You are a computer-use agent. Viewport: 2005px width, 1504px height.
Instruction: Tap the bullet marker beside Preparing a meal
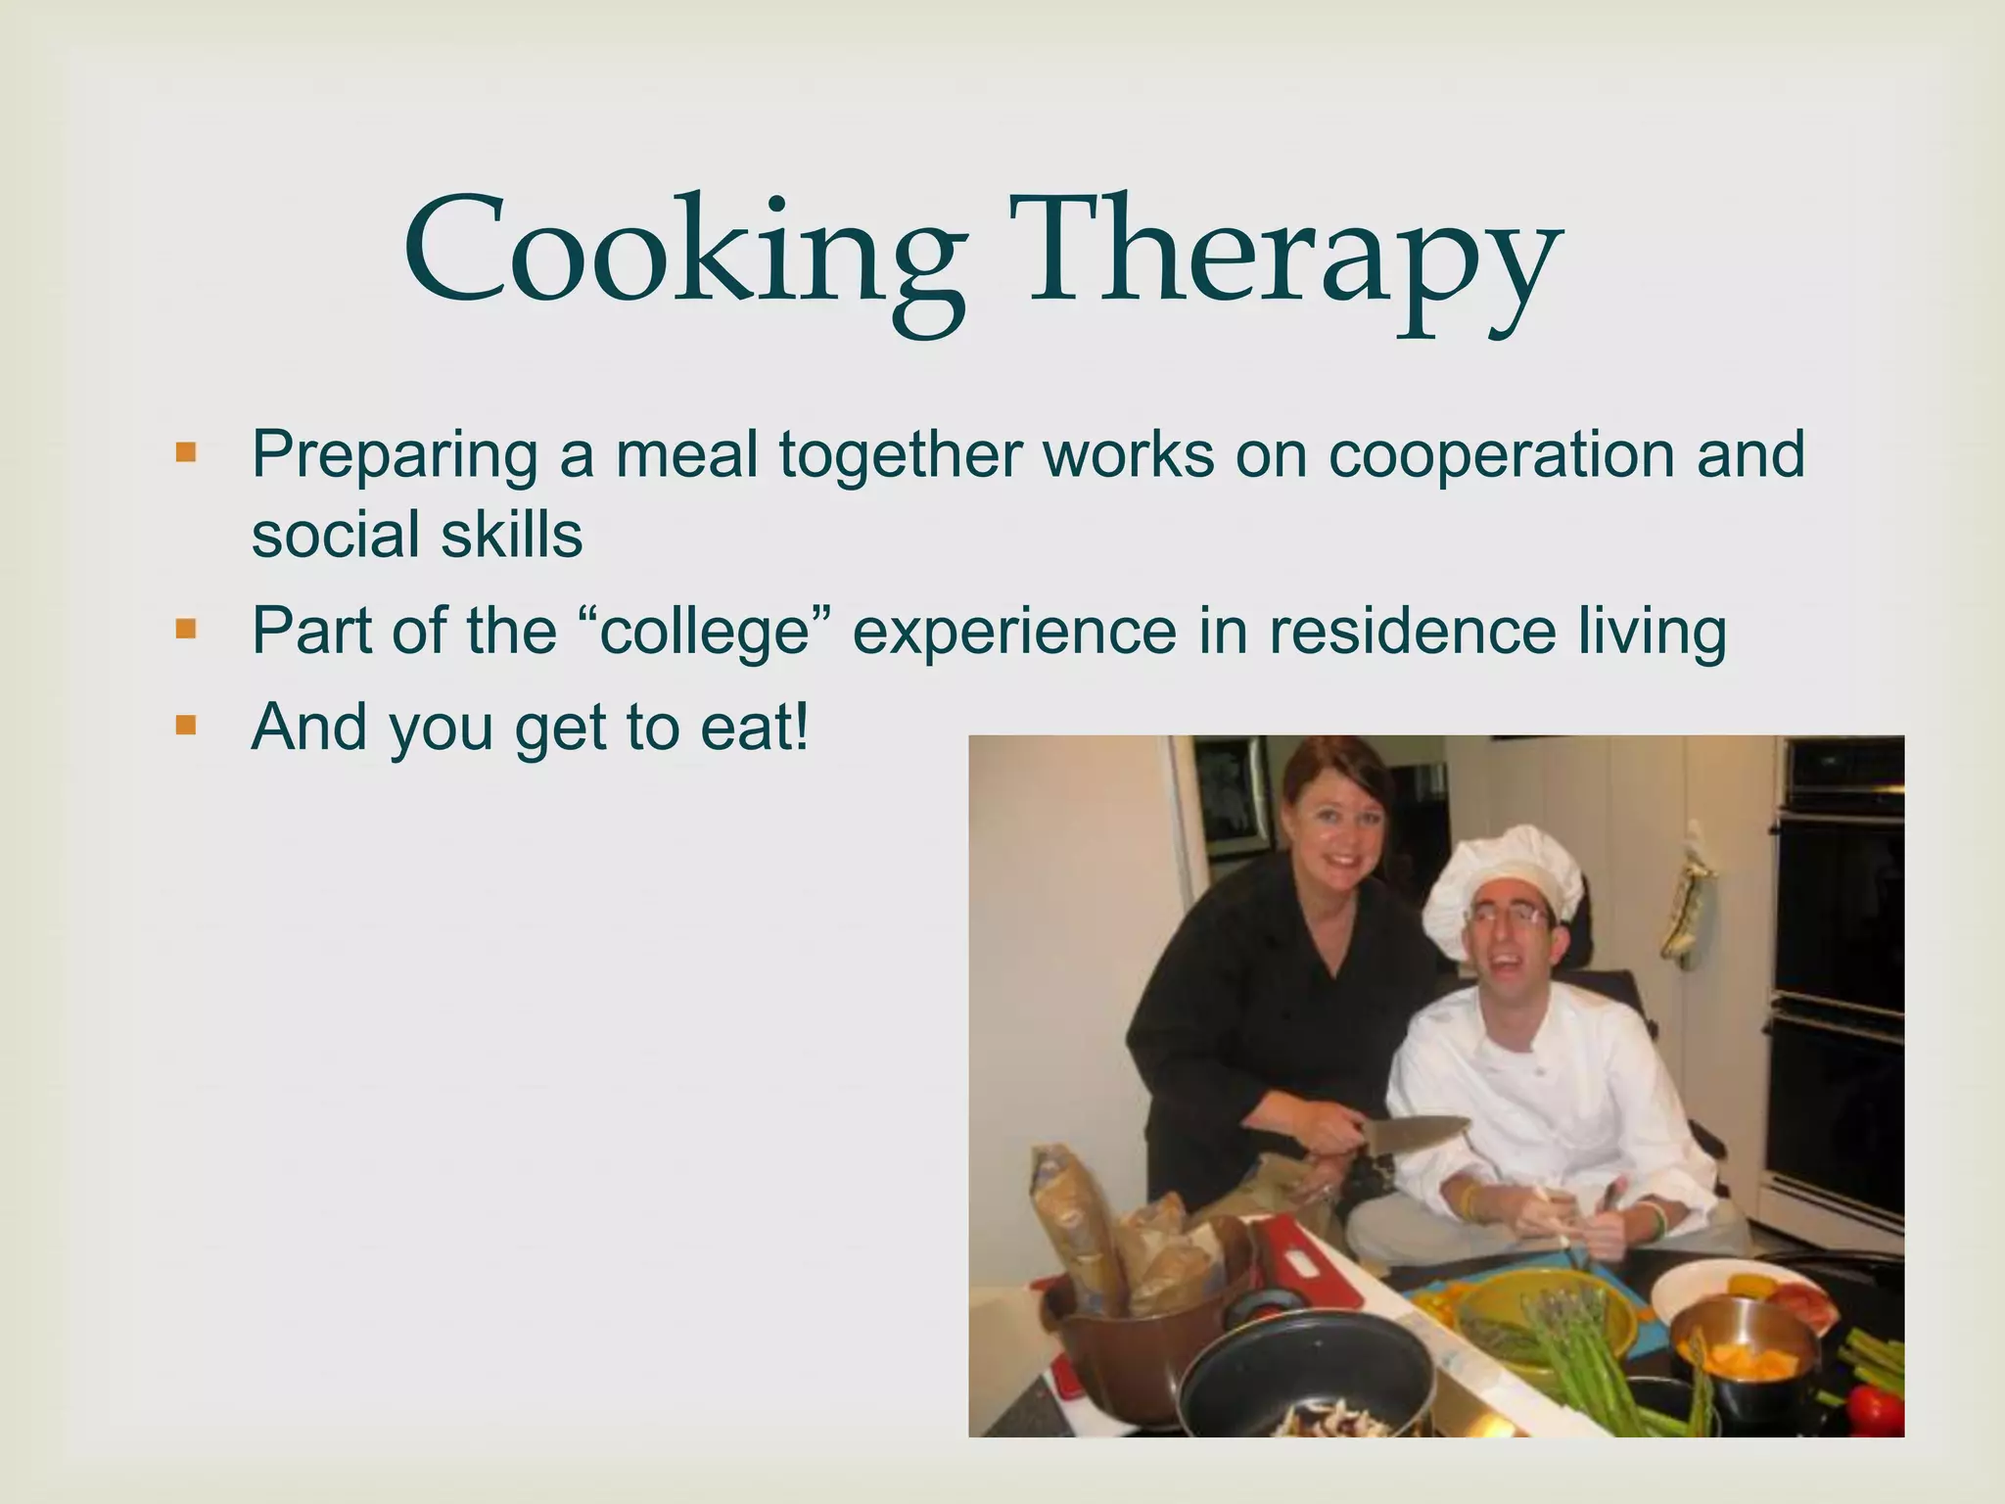[x=185, y=454]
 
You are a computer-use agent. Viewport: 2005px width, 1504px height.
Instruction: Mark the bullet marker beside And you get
[x=185, y=726]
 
